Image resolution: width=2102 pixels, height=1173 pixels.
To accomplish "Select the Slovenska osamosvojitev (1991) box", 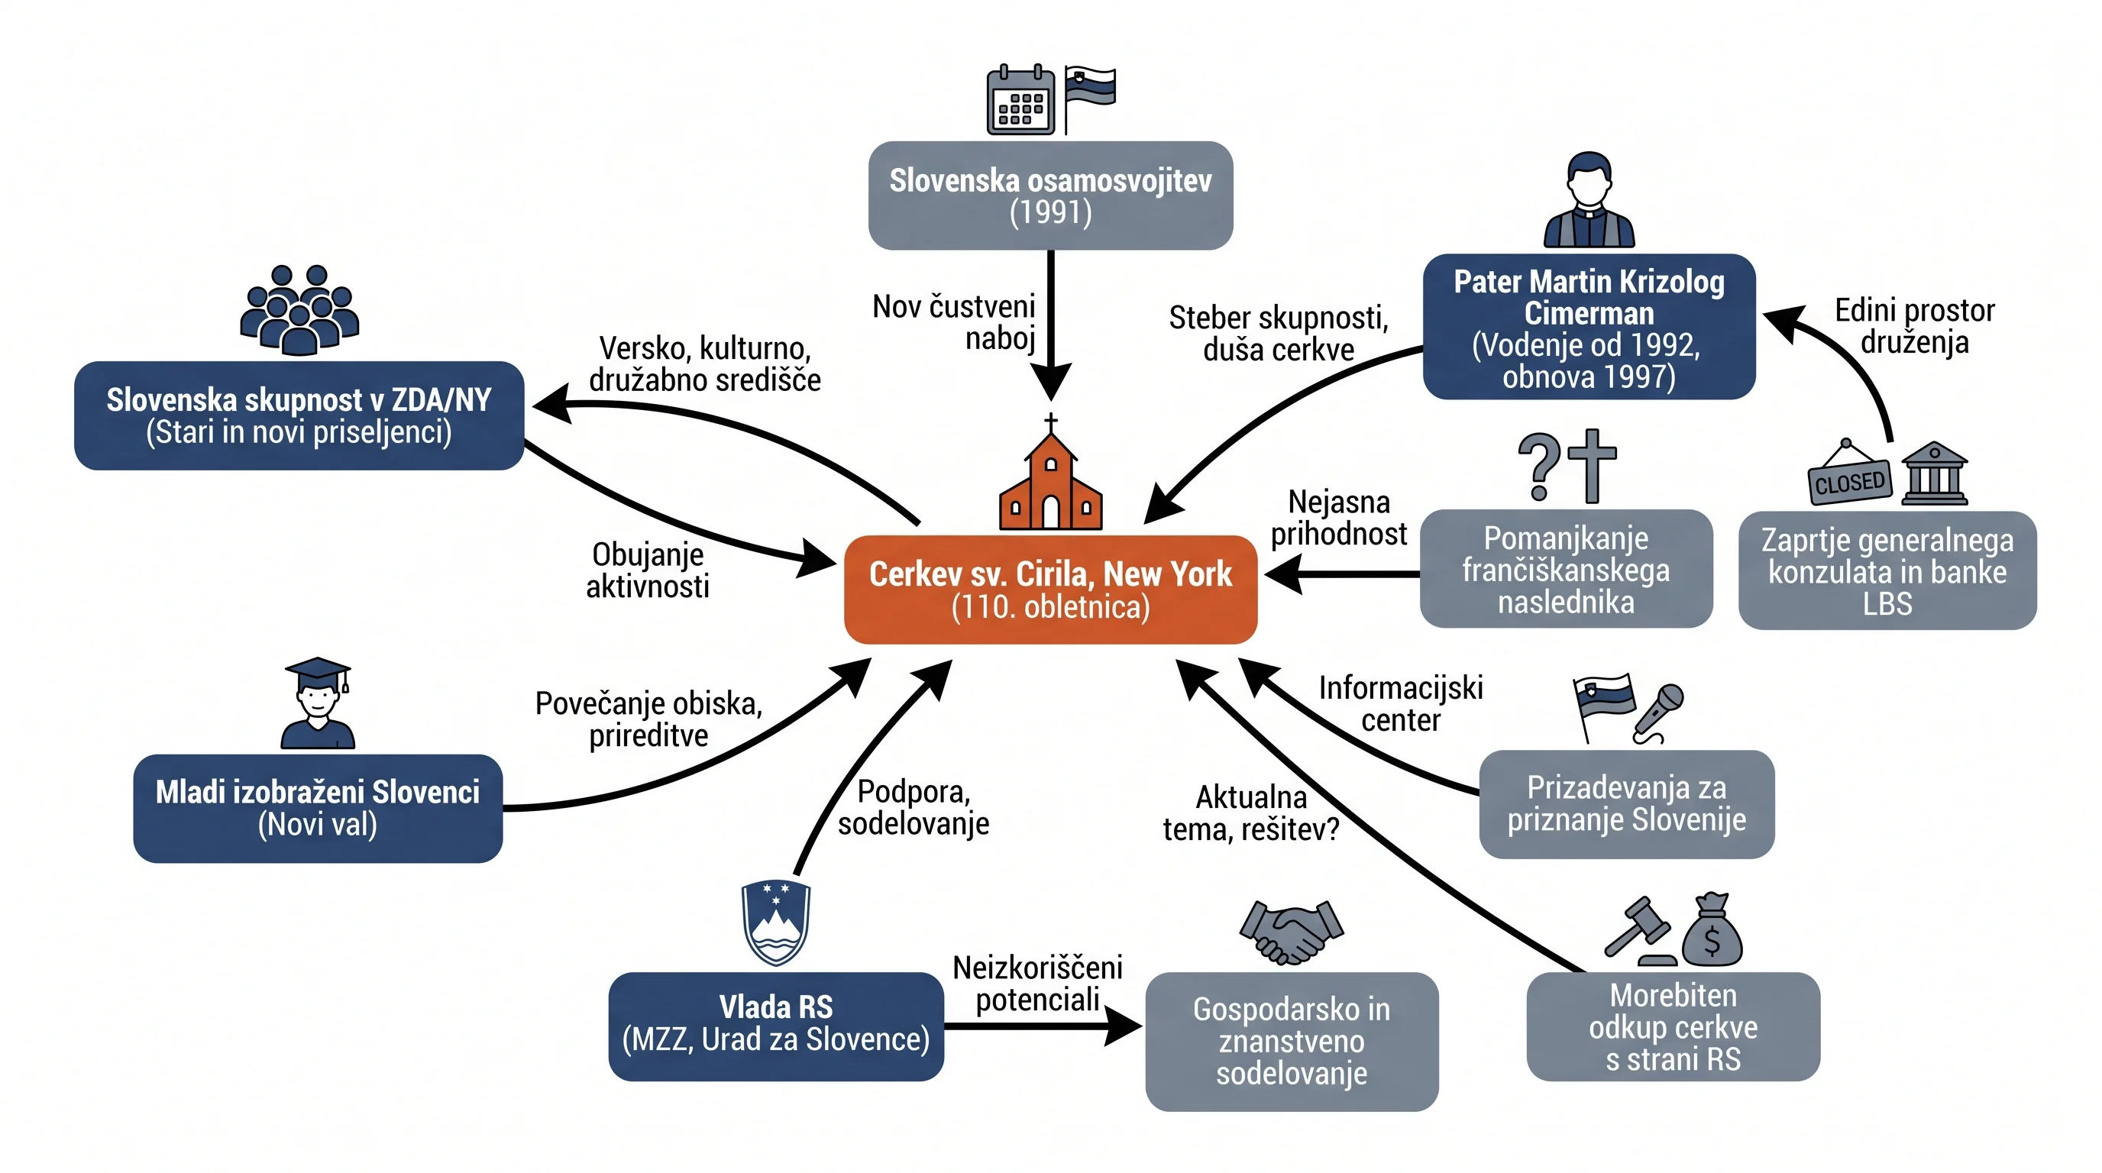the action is click(x=1050, y=195).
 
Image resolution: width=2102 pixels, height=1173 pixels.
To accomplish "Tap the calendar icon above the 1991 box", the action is click(x=1020, y=99).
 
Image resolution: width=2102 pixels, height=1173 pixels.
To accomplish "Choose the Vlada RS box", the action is click(x=776, y=1026).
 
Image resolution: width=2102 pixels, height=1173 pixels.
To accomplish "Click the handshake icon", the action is click(x=1291, y=932).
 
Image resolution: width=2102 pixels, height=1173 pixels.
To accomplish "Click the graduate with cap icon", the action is click(x=318, y=703).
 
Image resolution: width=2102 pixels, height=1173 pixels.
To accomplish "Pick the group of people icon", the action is click(x=299, y=310).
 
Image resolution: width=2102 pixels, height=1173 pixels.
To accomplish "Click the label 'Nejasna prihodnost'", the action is click(x=1339, y=518).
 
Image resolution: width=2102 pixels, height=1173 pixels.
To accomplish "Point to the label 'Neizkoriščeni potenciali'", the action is click(x=1038, y=984).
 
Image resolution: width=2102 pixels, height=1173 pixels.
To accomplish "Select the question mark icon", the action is click(x=1539, y=466).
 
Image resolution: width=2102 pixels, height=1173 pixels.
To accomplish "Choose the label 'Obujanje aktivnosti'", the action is click(x=647, y=570).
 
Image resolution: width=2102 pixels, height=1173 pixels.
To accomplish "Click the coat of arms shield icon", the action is click(x=775, y=923).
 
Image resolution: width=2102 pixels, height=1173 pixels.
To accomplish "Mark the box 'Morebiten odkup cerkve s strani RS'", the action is click(x=1673, y=1026).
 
